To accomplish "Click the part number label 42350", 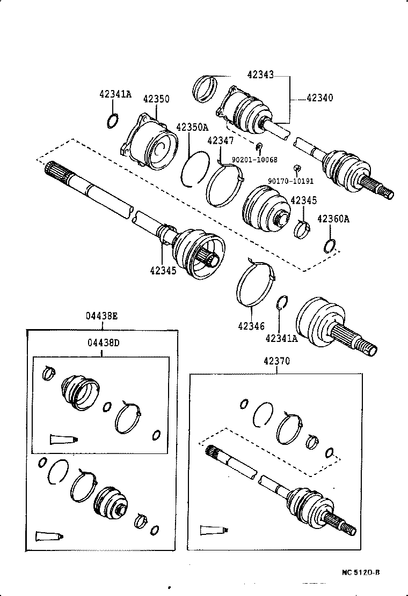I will pyautogui.click(x=156, y=99).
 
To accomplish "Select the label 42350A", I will pyautogui.click(x=192, y=128).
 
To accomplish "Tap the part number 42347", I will pyautogui.click(x=220, y=141).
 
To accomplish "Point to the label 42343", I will pyautogui.click(x=260, y=75).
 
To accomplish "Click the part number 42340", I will pyautogui.click(x=319, y=98).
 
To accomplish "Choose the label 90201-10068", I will pyautogui.click(x=254, y=160).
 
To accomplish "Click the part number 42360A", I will pyautogui.click(x=333, y=219).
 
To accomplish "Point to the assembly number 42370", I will pyautogui.click(x=276, y=361).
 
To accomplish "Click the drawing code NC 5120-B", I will pyautogui.click(x=361, y=572).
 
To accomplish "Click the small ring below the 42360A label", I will pyautogui.click(x=330, y=246).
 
